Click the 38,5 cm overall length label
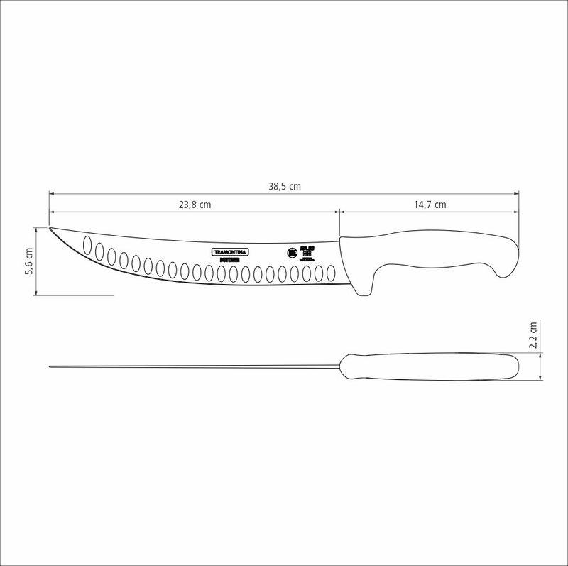284,186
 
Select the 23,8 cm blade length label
195,205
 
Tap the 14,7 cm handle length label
430,205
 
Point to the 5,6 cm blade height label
29,261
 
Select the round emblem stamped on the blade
291,253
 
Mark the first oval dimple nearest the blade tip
88,245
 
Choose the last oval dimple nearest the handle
329,273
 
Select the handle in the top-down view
430,366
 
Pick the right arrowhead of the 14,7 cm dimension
516,211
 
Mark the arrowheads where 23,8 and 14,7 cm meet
339,211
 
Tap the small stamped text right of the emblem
308,252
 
